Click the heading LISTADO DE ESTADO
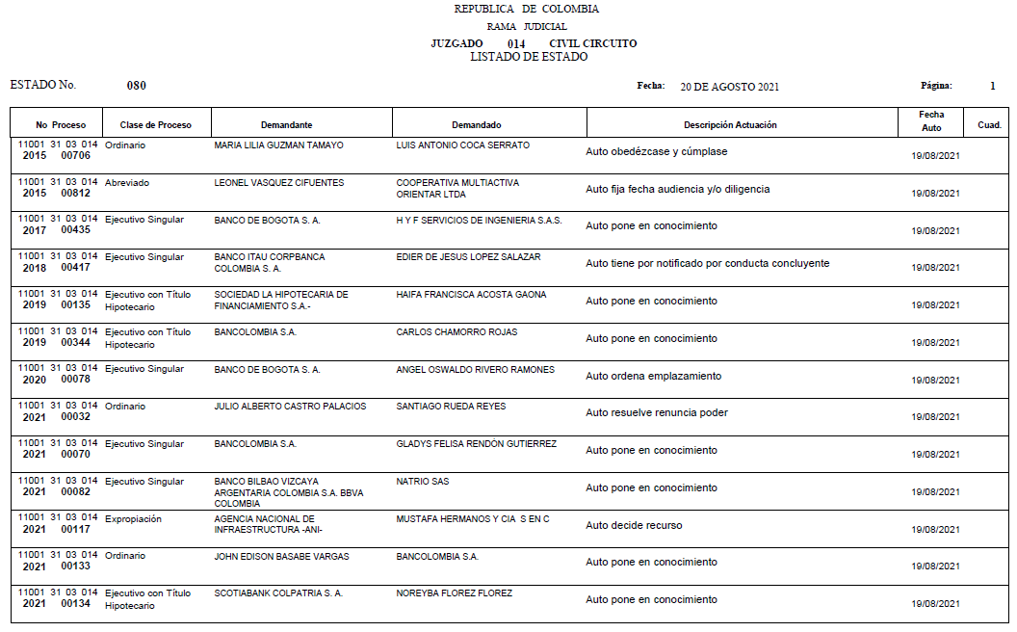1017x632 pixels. (529, 57)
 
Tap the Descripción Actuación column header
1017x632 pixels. (730, 125)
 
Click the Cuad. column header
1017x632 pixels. (989, 125)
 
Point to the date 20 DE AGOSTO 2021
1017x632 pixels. (729, 87)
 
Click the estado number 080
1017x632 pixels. (137, 86)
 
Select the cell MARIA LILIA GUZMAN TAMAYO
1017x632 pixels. (278, 145)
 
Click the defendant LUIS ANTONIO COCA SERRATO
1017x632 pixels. (462, 145)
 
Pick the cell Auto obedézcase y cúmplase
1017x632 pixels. (656, 152)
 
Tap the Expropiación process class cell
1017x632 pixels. (133, 519)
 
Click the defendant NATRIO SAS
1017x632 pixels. (422, 482)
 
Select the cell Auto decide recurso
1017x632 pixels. (634, 525)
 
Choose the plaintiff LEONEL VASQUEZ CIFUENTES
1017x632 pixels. (278, 183)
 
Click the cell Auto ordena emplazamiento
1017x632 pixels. (653, 376)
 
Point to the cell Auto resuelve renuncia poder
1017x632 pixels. (656, 413)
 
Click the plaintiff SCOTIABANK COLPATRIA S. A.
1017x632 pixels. (278, 593)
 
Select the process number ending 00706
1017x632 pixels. (59, 150)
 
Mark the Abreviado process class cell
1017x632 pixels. (127, 183)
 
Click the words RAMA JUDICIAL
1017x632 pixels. (527, 27)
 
